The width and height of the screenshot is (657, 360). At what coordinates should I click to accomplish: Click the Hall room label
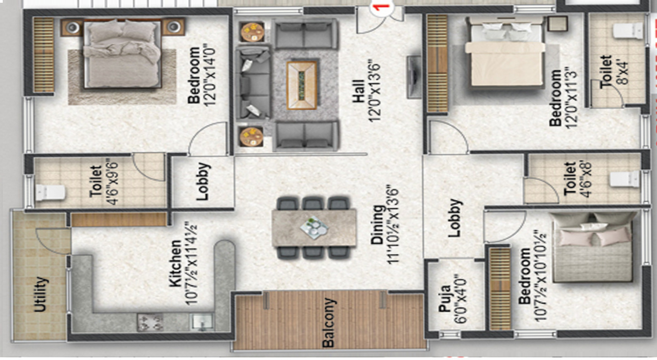[358, 91]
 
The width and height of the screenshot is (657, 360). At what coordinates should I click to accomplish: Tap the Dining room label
[377, 225]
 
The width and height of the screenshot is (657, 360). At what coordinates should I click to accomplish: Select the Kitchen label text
[175, 263]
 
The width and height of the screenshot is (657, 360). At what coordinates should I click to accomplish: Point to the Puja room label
[445, 298]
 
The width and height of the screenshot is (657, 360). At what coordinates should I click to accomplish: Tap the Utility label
[40, 294]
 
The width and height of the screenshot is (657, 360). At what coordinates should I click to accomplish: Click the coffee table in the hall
[302, 85]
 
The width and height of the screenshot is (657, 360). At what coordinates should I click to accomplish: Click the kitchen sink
[202, 322]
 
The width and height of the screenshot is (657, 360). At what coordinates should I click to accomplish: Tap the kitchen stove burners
[150, 322]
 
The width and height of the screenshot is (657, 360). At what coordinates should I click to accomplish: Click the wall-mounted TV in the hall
[414, 77]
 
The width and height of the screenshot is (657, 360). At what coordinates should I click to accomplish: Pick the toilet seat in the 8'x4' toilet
[627, 31]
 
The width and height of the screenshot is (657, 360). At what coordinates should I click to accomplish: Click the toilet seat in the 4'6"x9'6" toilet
[50, 192]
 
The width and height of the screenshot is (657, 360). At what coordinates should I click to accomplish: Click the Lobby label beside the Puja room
[455, 218]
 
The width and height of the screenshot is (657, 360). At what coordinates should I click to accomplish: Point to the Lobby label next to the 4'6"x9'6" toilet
[203, 181]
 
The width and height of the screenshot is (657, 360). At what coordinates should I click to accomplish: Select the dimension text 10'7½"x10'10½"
[540, 276]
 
